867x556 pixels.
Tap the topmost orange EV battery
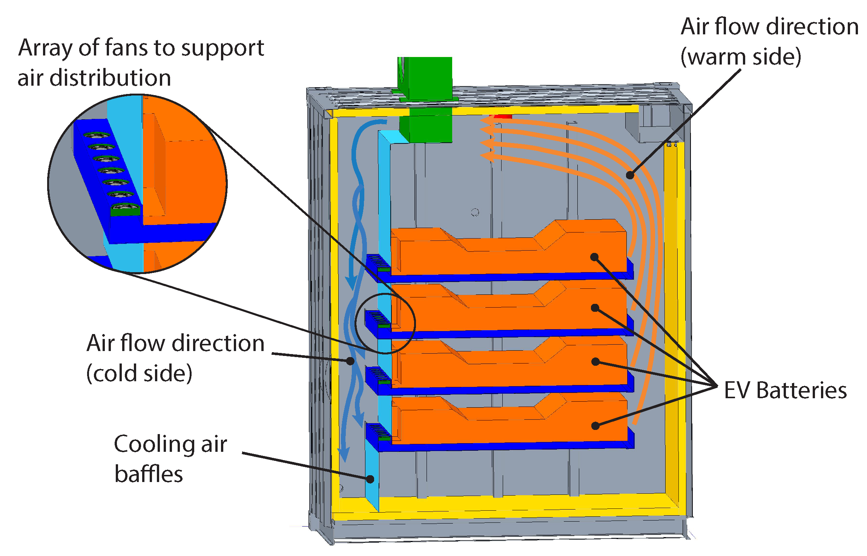point(509,253)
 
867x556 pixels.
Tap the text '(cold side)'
point(139,373)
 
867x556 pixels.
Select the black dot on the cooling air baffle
point(370,479)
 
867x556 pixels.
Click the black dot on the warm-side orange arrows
point(630,175)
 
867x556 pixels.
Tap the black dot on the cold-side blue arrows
point(350,361)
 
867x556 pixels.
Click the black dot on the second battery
point(595,308)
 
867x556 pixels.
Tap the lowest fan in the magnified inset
point(126,208)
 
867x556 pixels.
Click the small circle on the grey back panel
point(475,213)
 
